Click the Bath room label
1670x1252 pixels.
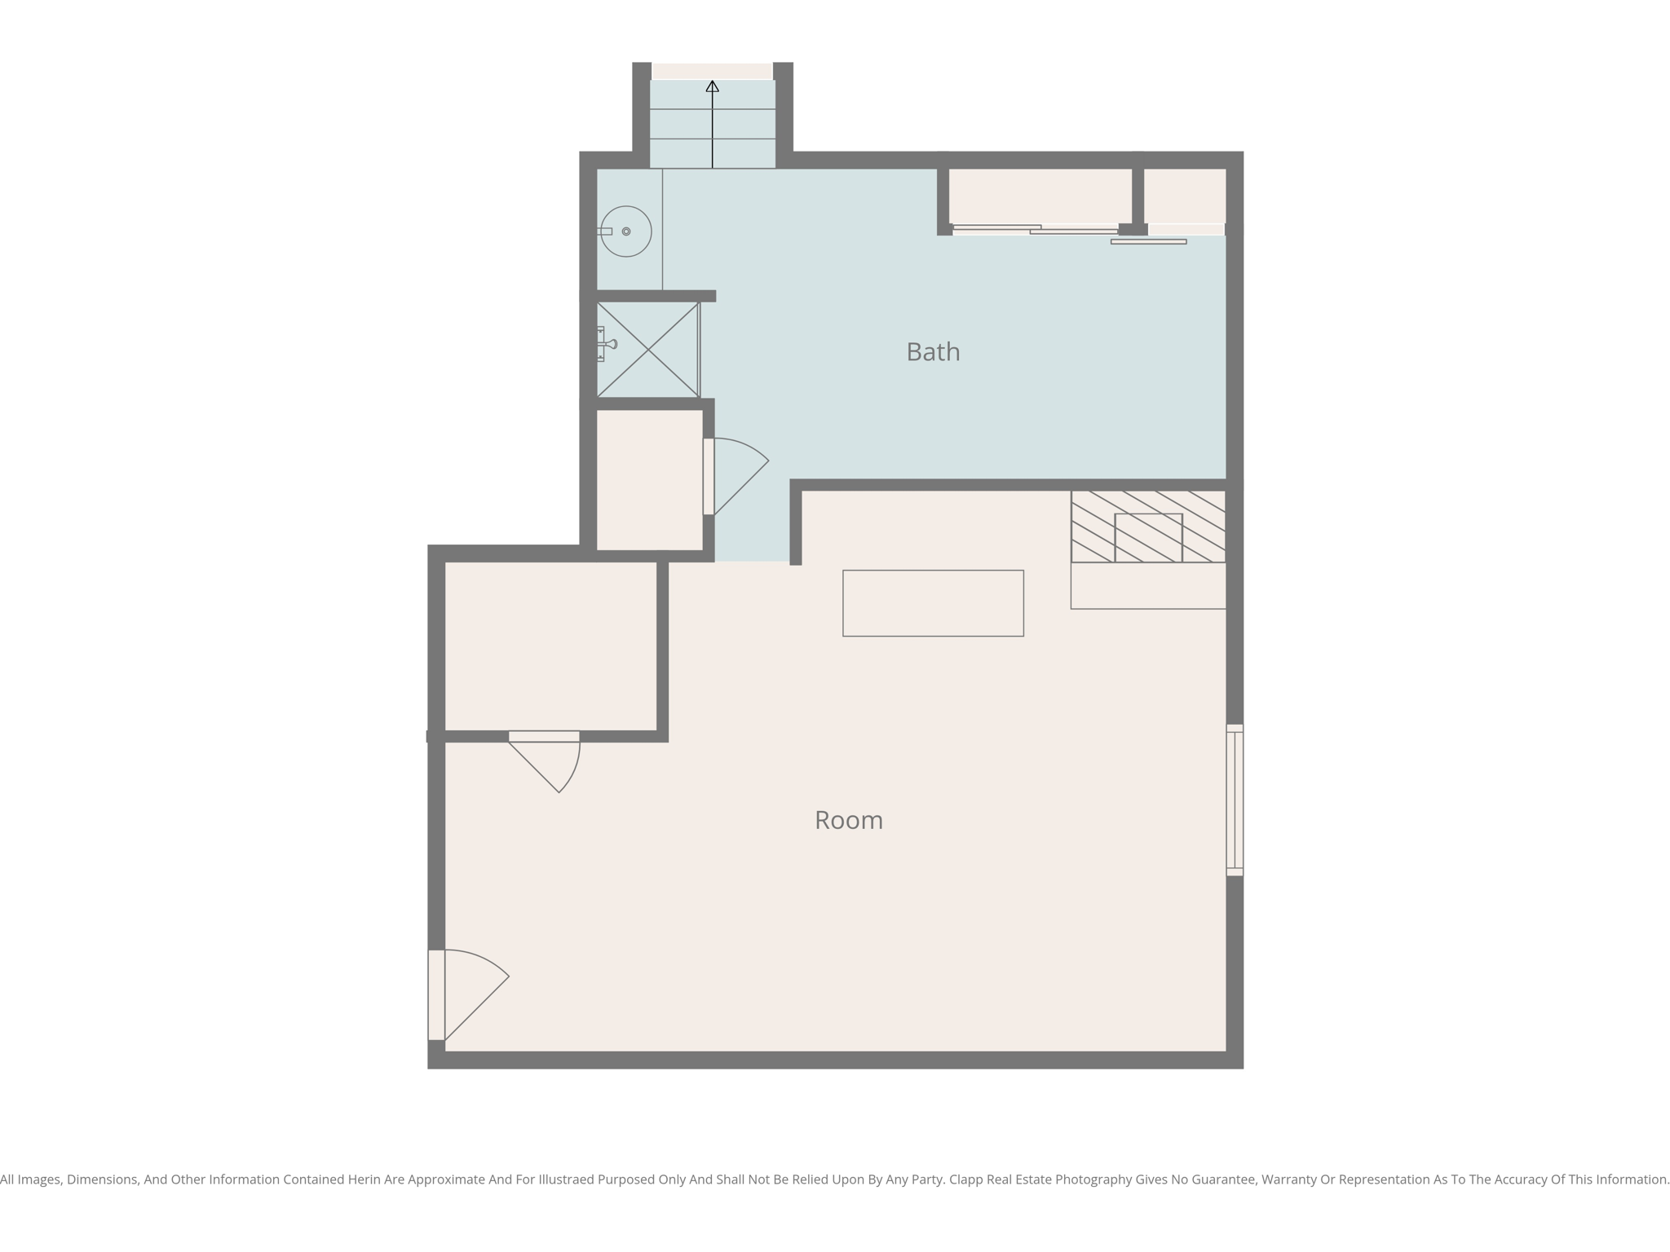pos(933,352)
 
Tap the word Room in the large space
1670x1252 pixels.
pos(848,820)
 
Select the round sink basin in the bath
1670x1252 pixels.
pos(626,231)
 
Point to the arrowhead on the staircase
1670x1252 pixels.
pos(712,86)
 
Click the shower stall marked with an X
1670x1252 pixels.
pos(647,350)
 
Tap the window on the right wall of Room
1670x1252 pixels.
pos(1235,800)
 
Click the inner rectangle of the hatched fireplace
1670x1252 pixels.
pos(1148,537)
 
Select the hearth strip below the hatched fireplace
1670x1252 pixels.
pos(1148,585)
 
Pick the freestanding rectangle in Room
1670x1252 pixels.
pos(933,603)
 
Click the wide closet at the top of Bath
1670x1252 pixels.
pos(1040,196)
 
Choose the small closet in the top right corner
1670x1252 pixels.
pos(1184,196)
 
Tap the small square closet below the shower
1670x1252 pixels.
pos(649,479)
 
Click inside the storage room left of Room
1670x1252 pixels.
pos(550,646)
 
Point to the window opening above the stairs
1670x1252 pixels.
pos(712,71)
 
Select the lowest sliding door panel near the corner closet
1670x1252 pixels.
pos(1148,241)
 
